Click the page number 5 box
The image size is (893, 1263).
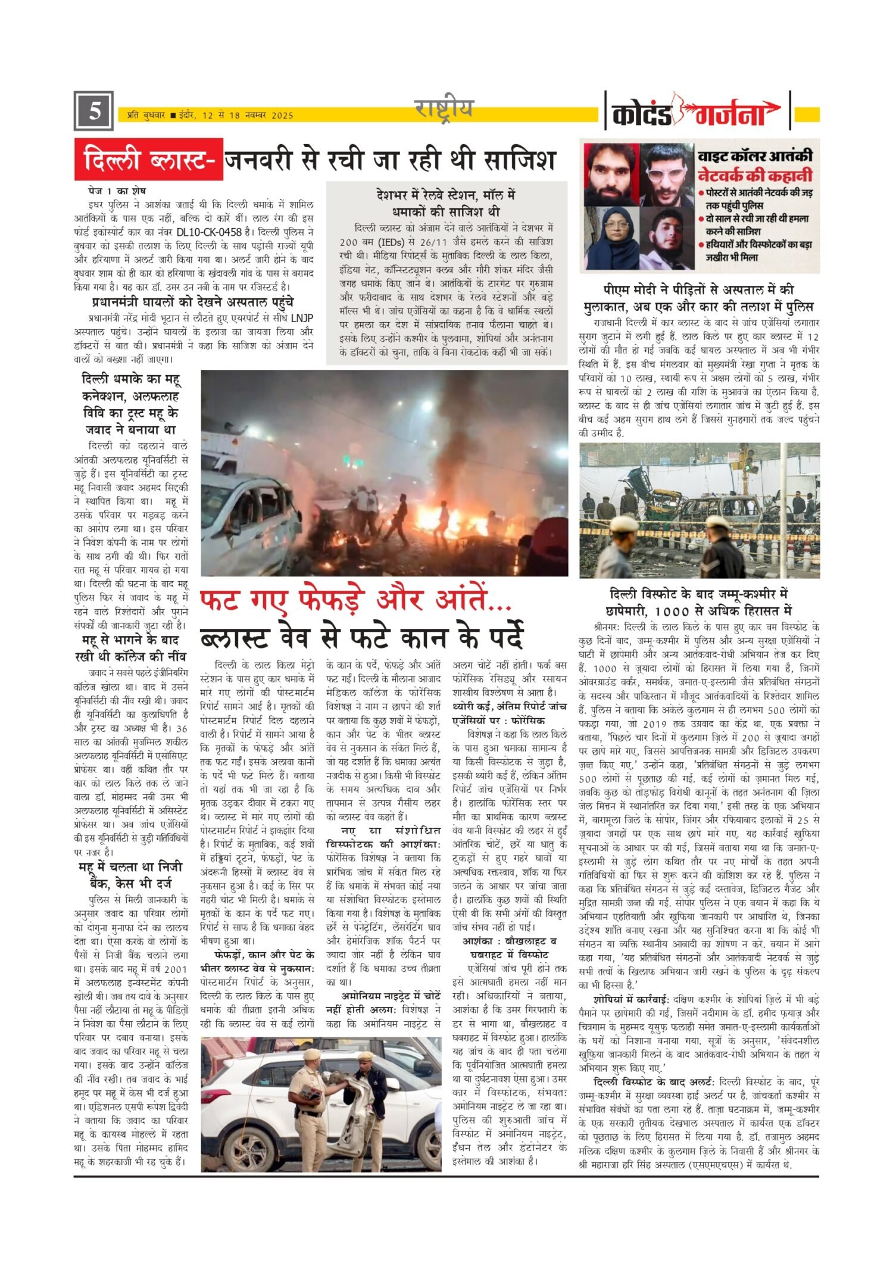(x=93, y=111)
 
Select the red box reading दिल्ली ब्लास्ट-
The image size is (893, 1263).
(x=149, y=160)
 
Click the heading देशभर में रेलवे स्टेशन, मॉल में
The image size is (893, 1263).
(x=446, y=195)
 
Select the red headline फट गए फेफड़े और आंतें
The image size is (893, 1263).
(x=355, y=601)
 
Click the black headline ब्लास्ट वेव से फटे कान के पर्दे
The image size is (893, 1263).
(x=361, y=637)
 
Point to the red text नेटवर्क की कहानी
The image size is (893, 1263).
(x=754, y=176)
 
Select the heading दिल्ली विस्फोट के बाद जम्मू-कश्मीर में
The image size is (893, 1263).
(x=699, y=594)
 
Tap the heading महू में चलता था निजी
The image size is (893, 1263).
(x=130, y=867)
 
